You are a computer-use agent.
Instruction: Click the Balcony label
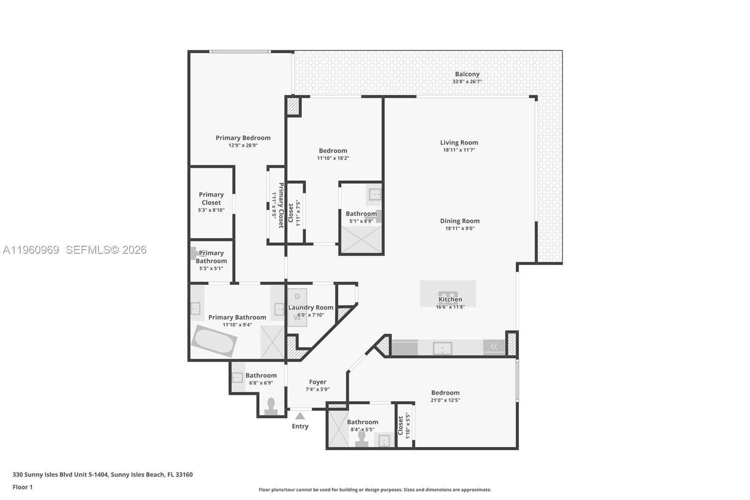point(467,74)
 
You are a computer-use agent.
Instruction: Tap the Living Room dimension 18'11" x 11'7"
point(459,150)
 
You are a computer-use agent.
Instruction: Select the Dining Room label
point(459,221)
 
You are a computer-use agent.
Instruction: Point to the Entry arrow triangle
point(300,416)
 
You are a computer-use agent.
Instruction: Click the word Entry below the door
point(300,426)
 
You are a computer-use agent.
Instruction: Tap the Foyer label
point(317,382)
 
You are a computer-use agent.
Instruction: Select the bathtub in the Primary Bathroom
point(214,341)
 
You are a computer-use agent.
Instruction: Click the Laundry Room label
point(311,308)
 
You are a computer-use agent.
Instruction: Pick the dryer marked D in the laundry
point(297,297)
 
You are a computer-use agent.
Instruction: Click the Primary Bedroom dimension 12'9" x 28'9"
point(243,145)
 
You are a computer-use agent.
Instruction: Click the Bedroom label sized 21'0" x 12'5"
point(445,393)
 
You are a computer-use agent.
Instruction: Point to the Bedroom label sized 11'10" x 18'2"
point(333,151)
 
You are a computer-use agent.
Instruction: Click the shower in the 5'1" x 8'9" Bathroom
point(361,240)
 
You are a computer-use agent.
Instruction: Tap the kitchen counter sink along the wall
point(442,348)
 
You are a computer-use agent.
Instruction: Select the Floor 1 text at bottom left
point(22,487)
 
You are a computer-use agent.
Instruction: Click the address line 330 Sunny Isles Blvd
point(102,474)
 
